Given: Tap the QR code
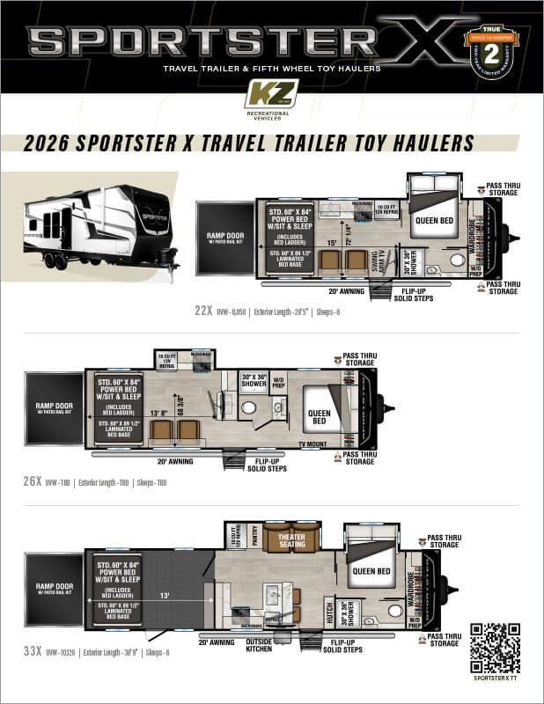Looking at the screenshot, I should coord(495,648).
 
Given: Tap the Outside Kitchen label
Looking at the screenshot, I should coord(264,646).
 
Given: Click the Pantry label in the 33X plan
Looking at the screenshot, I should coord(254,537).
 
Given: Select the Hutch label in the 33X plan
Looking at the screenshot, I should coord(328,612).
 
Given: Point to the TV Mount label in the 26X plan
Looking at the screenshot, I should coord(312,444).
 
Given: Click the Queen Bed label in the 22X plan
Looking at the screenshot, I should coord(432,221).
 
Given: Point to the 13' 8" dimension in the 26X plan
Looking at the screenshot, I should coord(160,412).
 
